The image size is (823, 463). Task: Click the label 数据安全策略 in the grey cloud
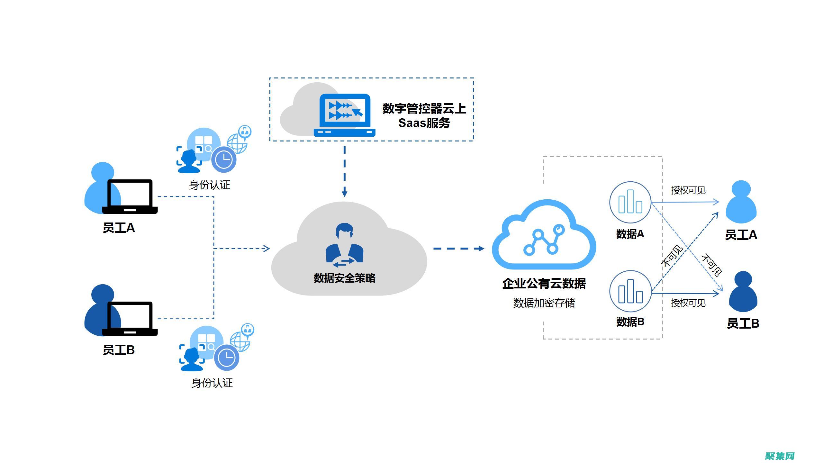(344, 278)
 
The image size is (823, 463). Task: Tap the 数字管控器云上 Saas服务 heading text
(424, 115)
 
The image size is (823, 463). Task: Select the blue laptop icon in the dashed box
(345, 115)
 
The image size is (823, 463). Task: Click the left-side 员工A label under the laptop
(119, 228)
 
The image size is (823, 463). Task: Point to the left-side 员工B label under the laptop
(119, 350)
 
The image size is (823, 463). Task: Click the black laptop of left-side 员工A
(130, 196)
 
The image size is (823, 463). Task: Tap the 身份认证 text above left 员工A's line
(210, 185)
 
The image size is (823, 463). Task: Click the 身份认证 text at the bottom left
(212, 383)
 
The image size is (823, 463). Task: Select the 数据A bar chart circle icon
(630, 202)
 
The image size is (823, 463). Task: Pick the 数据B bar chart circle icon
(630, 291)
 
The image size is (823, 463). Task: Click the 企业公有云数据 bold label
(544, 283)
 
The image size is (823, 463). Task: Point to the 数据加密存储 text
(544, 303)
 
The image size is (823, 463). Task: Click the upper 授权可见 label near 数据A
(688, 190)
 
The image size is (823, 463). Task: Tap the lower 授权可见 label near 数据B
(688, 303)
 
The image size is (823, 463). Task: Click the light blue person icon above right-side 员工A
(741, 202)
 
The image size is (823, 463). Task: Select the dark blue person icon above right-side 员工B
(743, 292)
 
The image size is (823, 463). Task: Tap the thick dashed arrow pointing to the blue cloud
(458, 249)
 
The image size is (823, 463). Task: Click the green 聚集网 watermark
(780, 456)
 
